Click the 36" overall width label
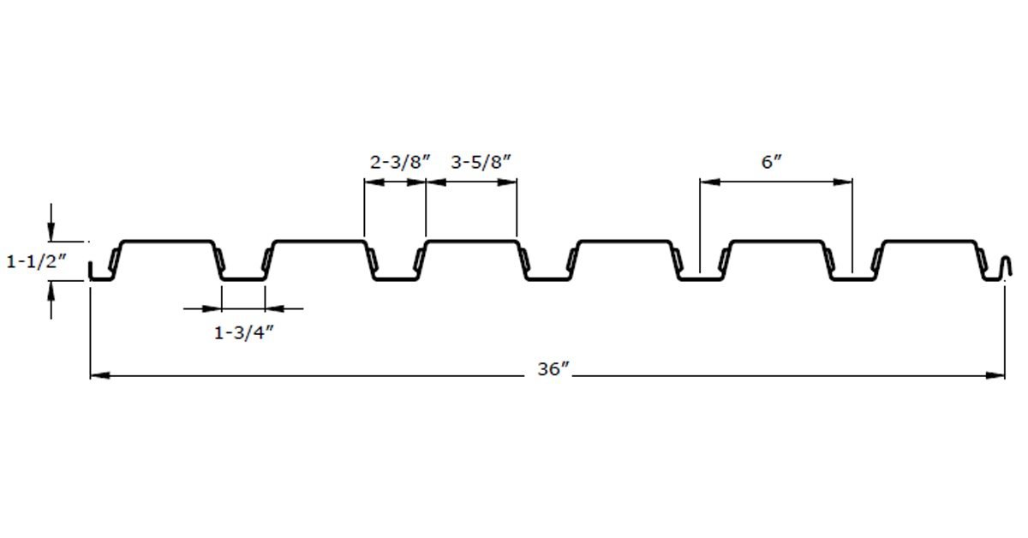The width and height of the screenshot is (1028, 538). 553,369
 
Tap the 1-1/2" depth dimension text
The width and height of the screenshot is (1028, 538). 36,261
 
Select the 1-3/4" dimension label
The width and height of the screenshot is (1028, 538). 243,332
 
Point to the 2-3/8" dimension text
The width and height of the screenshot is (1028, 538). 400,162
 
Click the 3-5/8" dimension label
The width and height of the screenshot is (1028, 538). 481,162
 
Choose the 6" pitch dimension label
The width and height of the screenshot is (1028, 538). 772,162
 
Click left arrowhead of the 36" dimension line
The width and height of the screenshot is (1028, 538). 100,375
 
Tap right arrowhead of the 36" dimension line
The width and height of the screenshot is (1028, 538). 995,375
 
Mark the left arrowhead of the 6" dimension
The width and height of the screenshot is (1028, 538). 710,182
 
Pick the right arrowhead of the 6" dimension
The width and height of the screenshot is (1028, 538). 843,182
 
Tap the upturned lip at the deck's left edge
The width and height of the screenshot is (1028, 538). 91,270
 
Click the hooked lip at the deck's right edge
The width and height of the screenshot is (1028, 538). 1007,266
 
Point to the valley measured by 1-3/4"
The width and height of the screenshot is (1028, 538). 243,278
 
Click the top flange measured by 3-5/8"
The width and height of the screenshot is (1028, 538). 471,241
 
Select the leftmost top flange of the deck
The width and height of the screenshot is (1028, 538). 167,241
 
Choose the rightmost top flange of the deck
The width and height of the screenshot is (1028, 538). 929,241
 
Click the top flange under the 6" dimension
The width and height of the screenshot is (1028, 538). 776,241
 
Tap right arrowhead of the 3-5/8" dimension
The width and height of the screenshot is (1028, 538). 507,182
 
